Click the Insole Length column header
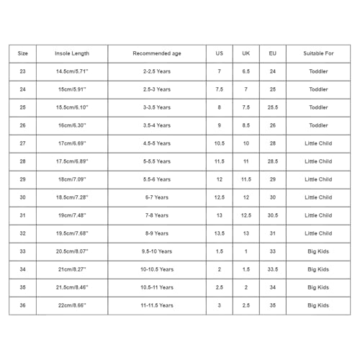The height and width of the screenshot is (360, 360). click(73, 53)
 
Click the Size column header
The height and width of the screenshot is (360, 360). click(23, 53)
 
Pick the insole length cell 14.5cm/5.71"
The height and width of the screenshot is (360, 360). click(73, 71)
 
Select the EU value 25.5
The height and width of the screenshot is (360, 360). click(272, 107)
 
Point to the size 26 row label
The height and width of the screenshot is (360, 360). click(23, 125)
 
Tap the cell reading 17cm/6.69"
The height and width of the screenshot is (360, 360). click(73, 143)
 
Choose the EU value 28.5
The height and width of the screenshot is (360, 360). click(272, 161)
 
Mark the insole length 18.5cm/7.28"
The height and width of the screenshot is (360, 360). click(73, 197)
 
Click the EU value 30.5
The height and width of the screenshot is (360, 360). click(272, 215)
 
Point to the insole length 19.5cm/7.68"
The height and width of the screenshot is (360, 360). click(73, 233)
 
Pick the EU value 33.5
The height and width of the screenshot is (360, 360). click(272, 269)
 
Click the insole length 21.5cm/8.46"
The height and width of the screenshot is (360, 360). click(73, 287)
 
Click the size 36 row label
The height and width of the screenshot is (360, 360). click(23, 305)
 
